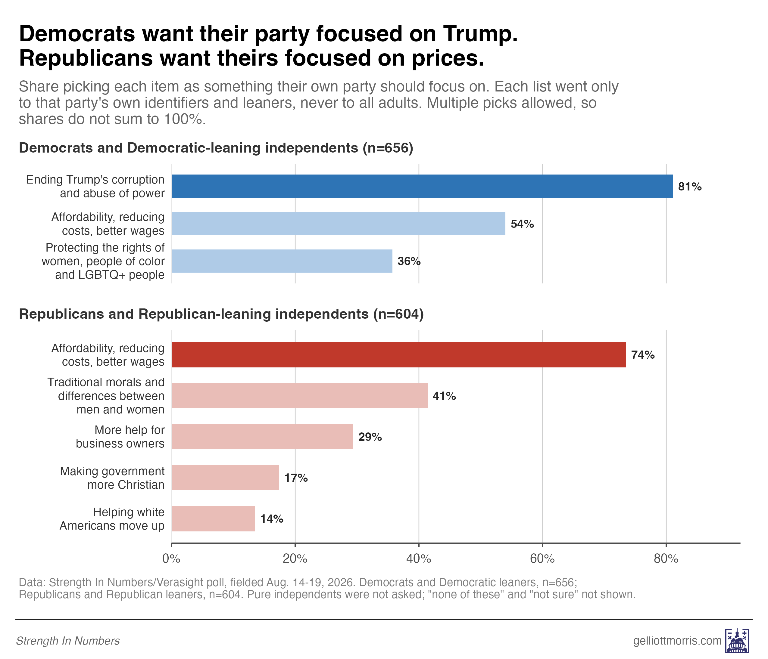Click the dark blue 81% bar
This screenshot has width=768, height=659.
point(422,186)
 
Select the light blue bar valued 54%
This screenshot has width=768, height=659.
point(339,224)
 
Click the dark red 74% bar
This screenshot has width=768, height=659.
point(399,354)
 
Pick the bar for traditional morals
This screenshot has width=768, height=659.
point(299,396)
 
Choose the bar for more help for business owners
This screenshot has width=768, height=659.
point(262,437)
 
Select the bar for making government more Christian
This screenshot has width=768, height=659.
point(225,478)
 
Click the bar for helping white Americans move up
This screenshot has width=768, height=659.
point(213,518)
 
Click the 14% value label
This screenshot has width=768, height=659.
point(272,518)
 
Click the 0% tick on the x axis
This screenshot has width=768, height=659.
point(171,558)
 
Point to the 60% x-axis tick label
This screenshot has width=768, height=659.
point(542,558)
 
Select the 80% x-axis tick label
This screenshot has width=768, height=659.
point(666,558)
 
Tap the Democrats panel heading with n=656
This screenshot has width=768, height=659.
point(216,148)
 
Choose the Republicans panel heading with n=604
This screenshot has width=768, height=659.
point(221,314)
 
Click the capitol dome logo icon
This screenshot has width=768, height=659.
point(737,640)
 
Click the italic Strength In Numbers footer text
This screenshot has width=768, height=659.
point(68,641)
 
